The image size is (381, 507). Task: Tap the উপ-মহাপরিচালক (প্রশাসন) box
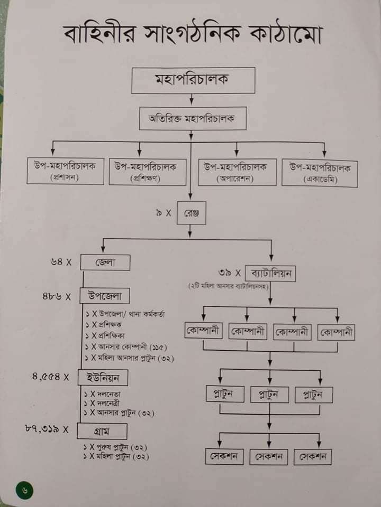click(65, 171)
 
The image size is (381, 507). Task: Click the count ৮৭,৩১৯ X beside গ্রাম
click(47, 429)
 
